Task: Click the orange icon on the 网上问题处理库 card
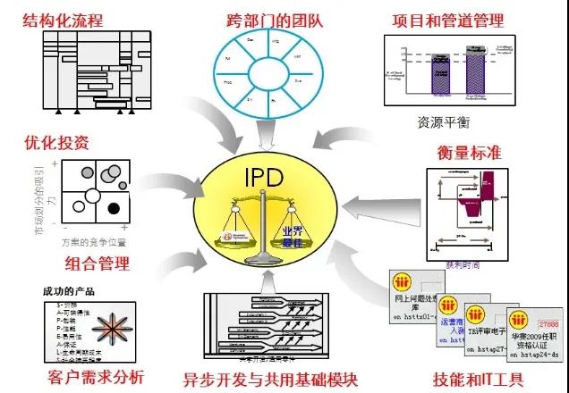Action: (x=402, y=282)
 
